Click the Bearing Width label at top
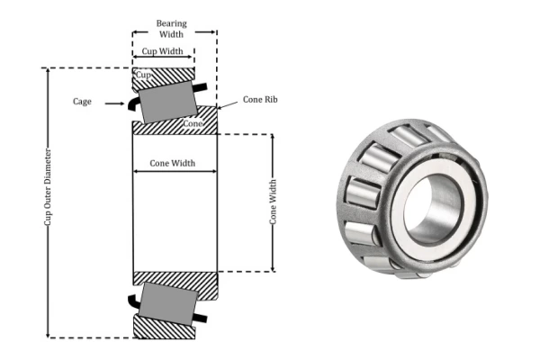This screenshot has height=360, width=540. (171, 27)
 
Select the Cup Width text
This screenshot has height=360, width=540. (162, 51)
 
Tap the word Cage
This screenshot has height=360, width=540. (83, 102)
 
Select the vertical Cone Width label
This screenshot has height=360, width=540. (273, 202)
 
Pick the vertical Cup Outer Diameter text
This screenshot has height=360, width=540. (47, 202)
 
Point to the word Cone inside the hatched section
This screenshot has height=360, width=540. (192, 123)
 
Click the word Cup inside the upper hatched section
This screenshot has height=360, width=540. (144, 75)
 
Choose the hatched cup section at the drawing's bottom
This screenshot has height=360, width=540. (166, 329)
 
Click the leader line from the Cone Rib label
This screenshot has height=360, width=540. (228, 107)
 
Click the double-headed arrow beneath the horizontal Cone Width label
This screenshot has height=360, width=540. (175, 171)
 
